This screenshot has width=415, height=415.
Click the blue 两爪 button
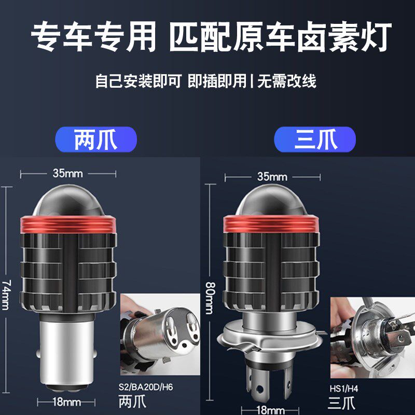(96, 140)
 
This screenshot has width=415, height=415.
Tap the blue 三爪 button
(315, 140)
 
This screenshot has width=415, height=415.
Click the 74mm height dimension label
(6, 295)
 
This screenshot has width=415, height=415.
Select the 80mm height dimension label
(210, 298)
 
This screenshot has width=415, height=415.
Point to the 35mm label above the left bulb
(68, 173)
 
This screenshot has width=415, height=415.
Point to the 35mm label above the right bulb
(272, 176)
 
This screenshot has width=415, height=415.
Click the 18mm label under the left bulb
(66, 402)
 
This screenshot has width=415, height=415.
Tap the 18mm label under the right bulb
(270, 410)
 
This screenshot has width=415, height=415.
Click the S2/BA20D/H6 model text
(146, 387)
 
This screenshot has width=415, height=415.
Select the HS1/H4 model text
(344, 389)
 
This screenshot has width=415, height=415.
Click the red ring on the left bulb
(68, 225)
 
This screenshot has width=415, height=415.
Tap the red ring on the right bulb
(271, 224)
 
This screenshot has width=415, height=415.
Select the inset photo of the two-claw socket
(160, 334)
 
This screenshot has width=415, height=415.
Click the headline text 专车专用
(93, 36)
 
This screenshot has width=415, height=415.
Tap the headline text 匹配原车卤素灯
(280, 37)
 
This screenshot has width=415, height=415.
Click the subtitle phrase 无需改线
(287, 81)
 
